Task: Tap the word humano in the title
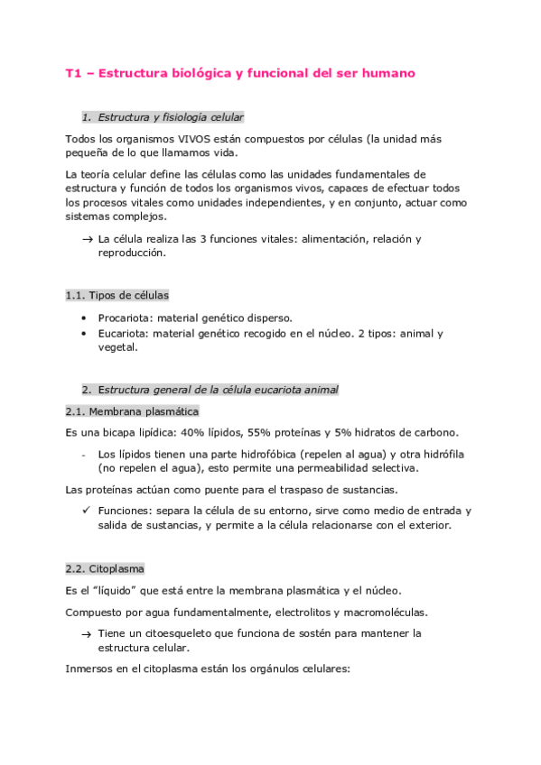[x=385, y=74]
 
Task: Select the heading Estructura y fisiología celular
[x=171, y=117]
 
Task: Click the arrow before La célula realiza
[x=87, y=239]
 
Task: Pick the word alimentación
[x=317, y=239]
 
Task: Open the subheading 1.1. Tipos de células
[x=117, y=295]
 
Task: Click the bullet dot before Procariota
[x=85, y=318]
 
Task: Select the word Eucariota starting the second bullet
[x=124, y=334]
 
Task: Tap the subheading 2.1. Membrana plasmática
[x=127, y=411]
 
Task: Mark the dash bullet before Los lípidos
[x=85, y=454]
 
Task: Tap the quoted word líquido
[x=116, y=591]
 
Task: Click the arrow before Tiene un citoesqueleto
[x=87, y=633]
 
